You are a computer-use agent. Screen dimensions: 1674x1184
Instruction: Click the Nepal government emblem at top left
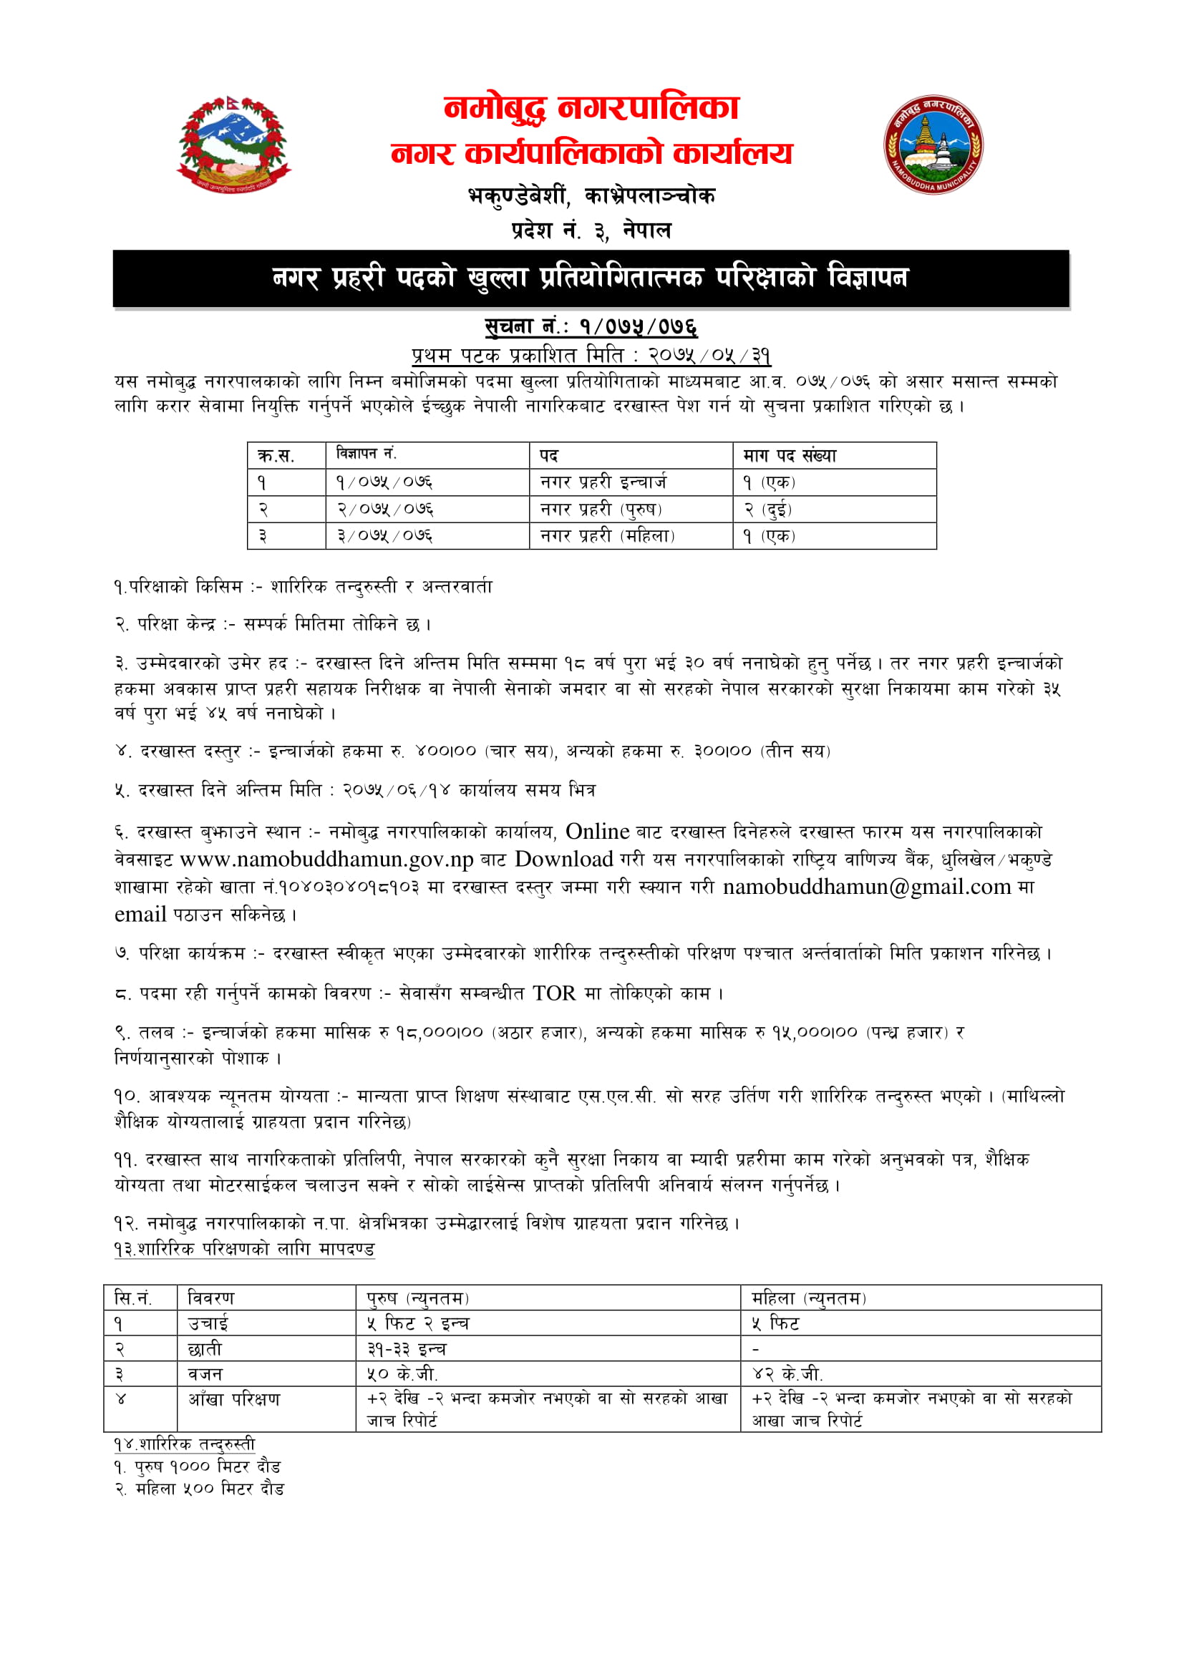coord(233,145)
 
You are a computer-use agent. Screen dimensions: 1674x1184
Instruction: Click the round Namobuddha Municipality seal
coord(933,145)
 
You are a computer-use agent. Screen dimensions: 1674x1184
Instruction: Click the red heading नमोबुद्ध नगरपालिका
coord(591,109)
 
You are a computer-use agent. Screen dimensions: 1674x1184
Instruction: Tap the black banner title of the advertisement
coord(591,278)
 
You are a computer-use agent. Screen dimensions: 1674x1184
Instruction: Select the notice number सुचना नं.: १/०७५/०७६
coord(591,326)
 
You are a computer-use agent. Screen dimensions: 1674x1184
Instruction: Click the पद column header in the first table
coord(549,456)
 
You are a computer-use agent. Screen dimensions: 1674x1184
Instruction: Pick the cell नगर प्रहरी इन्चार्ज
coord(603,482)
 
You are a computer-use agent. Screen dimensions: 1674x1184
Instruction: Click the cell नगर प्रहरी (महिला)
coord(607,536)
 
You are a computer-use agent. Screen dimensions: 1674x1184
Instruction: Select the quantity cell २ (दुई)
coord(767,509)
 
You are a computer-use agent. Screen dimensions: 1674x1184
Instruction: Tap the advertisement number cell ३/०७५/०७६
coord(384,536)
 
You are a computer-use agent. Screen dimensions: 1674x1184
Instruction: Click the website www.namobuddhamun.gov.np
coord(326,860)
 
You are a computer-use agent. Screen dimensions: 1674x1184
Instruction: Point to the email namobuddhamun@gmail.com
coord(867,887)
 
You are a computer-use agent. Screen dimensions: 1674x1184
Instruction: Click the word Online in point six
coord(597,832)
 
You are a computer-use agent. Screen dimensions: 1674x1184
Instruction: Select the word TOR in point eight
coord(553,993)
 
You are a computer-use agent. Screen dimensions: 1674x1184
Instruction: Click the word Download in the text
coord(563,860)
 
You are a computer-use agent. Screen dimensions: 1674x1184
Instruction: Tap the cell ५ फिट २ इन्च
coord(418,1323)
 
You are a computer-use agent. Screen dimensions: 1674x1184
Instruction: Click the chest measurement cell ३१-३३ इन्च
coord(406,1349)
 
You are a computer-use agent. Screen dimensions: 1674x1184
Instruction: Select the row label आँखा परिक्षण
coord(234,1399)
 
